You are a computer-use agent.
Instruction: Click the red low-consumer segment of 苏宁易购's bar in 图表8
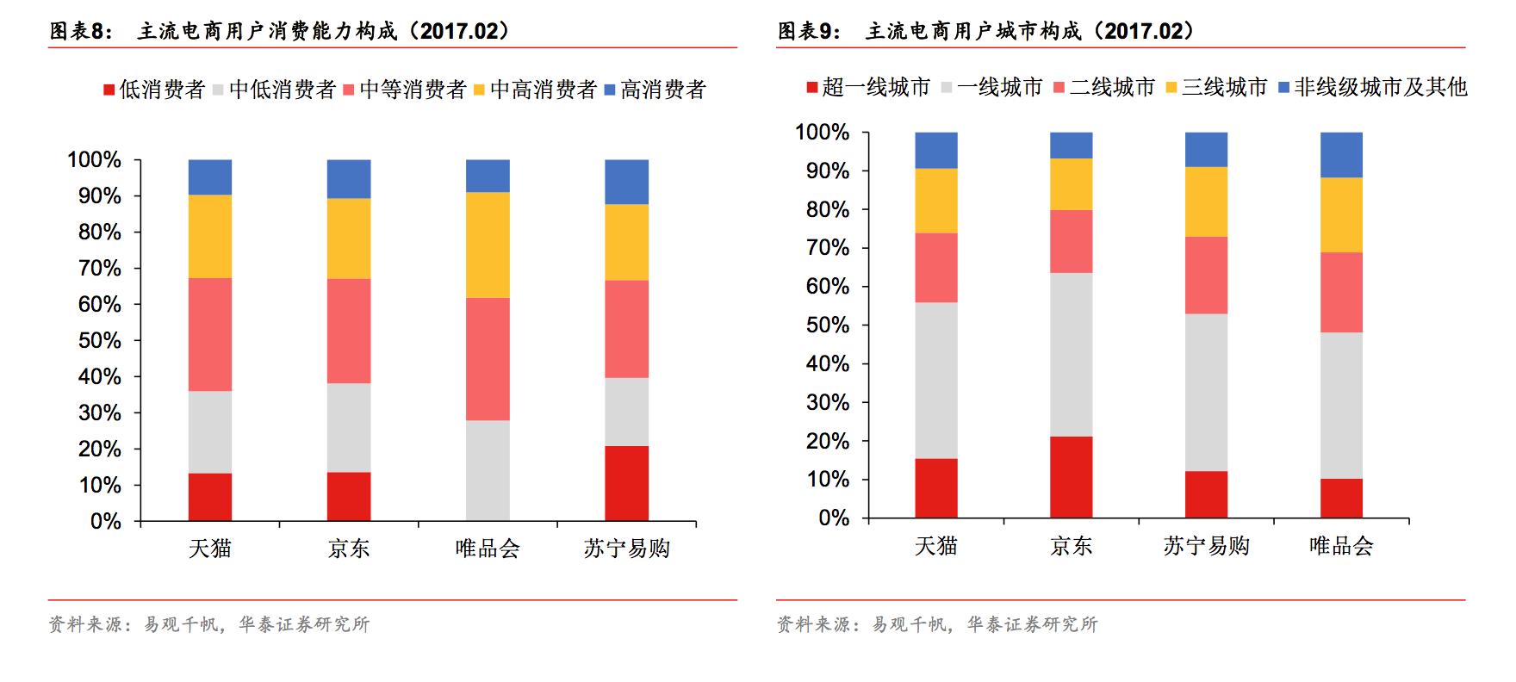tap(626, 483)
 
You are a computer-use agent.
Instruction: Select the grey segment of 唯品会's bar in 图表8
tap(488, 470)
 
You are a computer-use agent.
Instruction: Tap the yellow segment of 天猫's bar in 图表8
tap(210, 236)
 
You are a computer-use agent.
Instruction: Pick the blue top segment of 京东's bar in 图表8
tap(349, 179)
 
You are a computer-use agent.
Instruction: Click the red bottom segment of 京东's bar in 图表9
tap(1071, 477)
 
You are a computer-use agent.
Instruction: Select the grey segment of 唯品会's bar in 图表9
tap(1341, 406)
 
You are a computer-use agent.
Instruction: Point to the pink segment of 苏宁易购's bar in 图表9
tap(1206, 275)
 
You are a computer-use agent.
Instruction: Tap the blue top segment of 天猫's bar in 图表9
tap(936, 150)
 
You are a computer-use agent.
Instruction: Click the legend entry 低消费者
tap(154, 90)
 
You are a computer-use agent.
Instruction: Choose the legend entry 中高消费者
tap(535, 90)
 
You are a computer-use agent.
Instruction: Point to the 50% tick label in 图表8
tap(99, 341)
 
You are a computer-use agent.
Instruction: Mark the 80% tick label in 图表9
tap(827, 210)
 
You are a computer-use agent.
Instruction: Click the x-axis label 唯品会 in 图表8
tap(488, 549)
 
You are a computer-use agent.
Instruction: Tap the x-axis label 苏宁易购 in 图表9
tap(1206, 546)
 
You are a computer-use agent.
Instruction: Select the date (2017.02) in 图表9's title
tap(1143, 32)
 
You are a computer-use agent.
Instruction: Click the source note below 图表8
tap(209, 624)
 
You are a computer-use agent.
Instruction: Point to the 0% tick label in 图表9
tap(833, 518)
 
